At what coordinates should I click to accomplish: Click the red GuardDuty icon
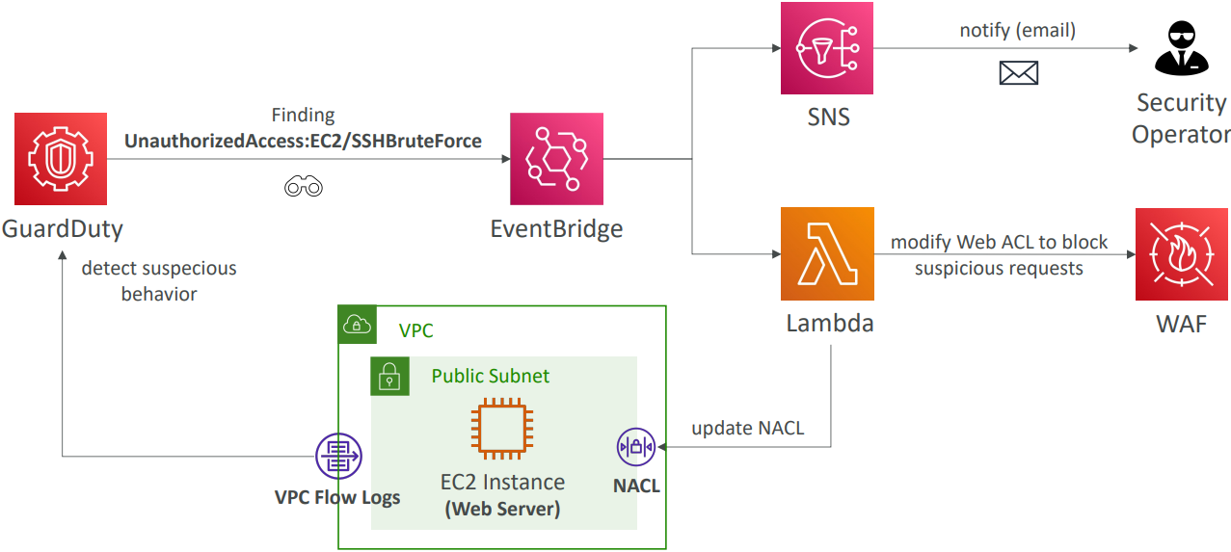[61, 158]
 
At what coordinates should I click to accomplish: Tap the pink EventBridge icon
[556, 160]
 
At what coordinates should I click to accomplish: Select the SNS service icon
[827, 48]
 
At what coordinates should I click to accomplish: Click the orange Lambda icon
[827, 254]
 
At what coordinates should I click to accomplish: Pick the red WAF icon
[1182, 254]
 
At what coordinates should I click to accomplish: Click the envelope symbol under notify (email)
[1018, 72]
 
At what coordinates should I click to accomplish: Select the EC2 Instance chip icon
[501, 429]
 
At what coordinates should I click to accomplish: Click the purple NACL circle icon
[636, 447]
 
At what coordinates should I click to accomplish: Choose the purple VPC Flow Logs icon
[338, 456]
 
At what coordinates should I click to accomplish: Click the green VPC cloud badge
[357, 326]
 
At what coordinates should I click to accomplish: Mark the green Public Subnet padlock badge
[389, 376]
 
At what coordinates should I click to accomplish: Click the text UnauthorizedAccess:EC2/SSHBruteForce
[303, 141]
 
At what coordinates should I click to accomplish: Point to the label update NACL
[747, 428]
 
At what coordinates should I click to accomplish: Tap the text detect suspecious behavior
[159, 280]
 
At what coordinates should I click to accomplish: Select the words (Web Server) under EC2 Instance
[502, 508]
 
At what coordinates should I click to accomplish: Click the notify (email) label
[1017, 31]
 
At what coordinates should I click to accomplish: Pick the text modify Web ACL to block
[999, 242]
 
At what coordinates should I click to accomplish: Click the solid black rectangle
[111, 524]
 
